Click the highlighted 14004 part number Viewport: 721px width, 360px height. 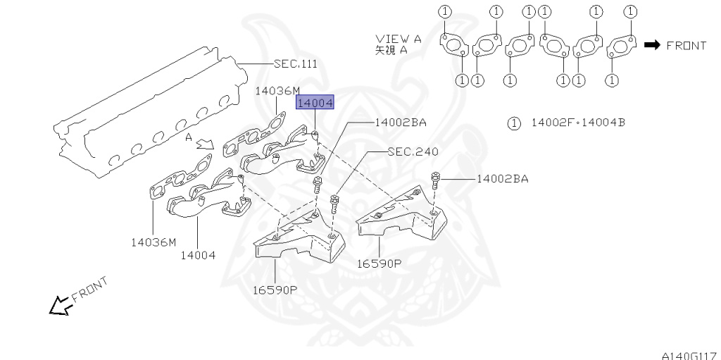click(x=315, y=103)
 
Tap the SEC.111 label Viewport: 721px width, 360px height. click(x=295, y=63)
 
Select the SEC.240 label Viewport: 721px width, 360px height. click(x=413, y=151)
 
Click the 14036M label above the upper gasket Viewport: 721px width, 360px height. click(x=277, y=91)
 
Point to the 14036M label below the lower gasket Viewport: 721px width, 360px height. click(x=153, y=242)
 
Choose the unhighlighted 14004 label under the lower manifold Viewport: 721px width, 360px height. click(x=198, y=255)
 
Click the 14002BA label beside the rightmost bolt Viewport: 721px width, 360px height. click(x=503, y=179)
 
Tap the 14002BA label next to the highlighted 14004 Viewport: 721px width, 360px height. click(x=401, y=123)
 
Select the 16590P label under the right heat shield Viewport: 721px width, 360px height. click(x=380, y=263)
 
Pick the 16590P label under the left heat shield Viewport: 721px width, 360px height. click(x=275, y=290)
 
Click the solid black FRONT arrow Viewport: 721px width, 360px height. click(x=652, y=44)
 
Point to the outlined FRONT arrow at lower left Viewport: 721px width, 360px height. click(x=61, y=305)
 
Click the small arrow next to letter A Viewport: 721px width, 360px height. click(x=206, y=145)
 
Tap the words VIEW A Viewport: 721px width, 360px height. click(x=399, y=39)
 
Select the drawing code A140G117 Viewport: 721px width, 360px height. click(x=691, y=355)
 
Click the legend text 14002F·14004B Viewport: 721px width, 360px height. click(x=578, y=123)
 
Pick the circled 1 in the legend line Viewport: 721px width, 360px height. click(x=513, y=123)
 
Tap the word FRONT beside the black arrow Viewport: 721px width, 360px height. click(x=686, y=45)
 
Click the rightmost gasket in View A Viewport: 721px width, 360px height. click(x=622, y=47)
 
